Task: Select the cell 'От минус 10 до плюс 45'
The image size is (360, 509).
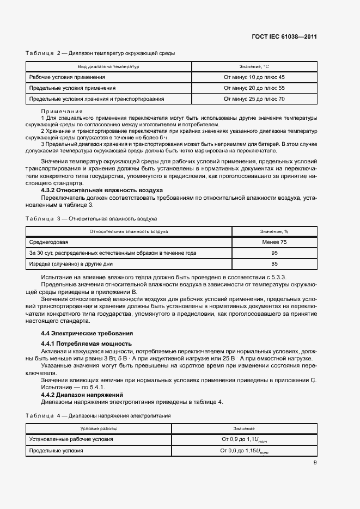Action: pyautogui.click(x=254, y=77)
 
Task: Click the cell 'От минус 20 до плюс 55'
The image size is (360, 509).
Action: pyautogui.click(x=254, y=88)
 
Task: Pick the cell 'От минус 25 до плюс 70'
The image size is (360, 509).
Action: pyautogui.click(x=254, y=99)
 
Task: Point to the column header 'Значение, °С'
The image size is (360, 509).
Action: pyautogui.click(x=254, y=66)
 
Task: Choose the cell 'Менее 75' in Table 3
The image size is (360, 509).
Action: pyautogui.click(x=274, y=242)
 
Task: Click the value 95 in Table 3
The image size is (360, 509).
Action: pyautogui.click(x=274, y=253)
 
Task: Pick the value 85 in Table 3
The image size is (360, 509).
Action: pyautogui.click(x=274, y=264)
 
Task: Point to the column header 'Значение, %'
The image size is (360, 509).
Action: pyautogui.click(x=274, y=231)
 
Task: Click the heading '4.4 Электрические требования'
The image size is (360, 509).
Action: pyautogui.click(x=88, y=333)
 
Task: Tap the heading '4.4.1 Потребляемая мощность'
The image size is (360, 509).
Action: pyautogui.click(x=87, y=344)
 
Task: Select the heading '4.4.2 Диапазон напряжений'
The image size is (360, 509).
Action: pyautogui.click(x=82, y=394)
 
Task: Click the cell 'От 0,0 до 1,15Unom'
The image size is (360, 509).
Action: pyautogui.click(x=245, y=451)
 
